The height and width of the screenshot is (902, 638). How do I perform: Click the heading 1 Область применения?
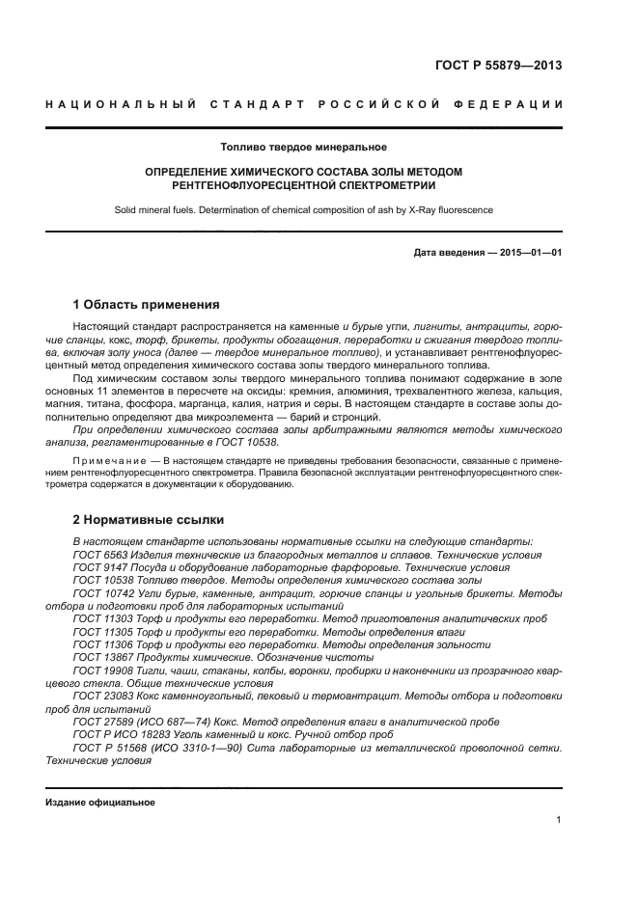[x=139, y=304]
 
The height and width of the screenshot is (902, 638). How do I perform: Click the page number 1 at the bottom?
[x=559, y=820]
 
